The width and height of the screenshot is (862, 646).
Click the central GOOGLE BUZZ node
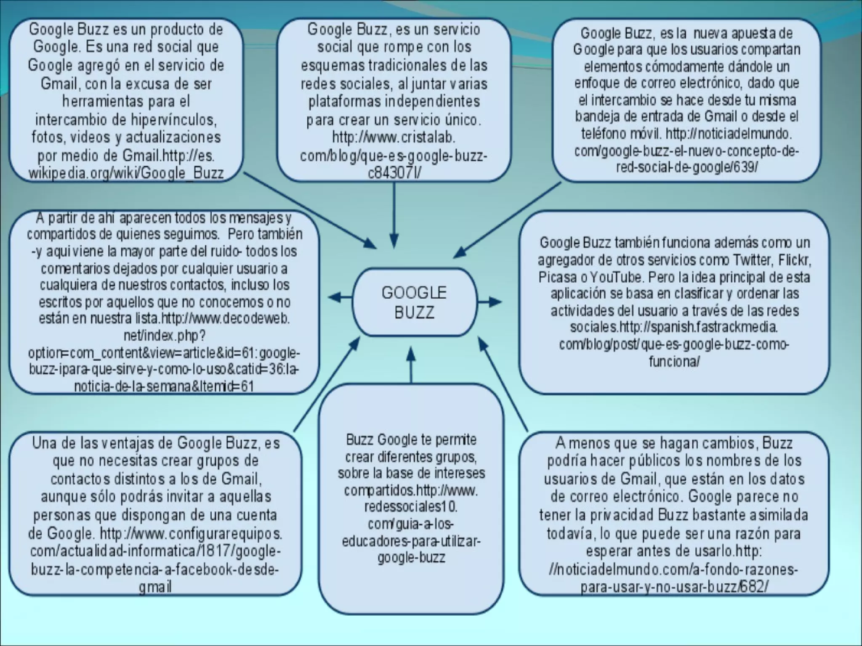415,302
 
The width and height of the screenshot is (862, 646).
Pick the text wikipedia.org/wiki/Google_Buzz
126,173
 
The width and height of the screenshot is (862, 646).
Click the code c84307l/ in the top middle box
394,173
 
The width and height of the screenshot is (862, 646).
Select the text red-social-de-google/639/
686,167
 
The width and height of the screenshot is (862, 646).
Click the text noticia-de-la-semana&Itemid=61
164,386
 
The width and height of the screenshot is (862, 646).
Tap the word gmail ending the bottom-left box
155,587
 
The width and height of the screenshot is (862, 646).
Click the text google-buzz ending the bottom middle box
411,558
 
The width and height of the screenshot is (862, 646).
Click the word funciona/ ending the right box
674,361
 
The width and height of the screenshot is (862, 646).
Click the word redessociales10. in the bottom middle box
411,507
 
